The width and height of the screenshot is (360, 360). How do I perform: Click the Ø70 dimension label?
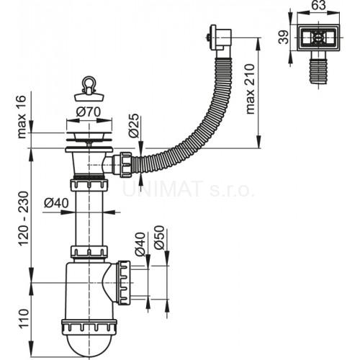[x=88, y=112]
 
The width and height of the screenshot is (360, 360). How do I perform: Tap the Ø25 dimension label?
[x=133, y=125]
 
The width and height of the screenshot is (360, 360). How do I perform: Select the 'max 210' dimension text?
[x=250, y=89]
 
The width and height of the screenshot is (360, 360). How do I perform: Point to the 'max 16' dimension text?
[x=22, y=117]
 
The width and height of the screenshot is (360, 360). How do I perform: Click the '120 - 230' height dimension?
[x=24, y=218]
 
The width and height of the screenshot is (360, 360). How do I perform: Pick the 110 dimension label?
[x=24, y=318]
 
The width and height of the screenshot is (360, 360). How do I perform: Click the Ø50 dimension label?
[x=159, y=238]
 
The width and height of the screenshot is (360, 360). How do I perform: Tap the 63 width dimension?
[x=318, y=5]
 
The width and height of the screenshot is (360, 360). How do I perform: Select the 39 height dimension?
[x=284, y=37]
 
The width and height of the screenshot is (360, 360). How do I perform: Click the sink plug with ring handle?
[x=89, y=89]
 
